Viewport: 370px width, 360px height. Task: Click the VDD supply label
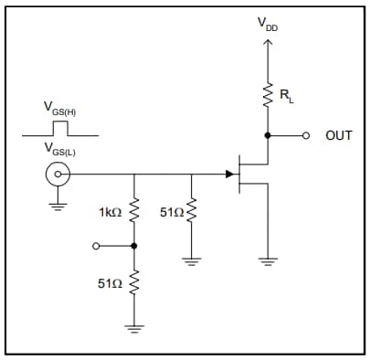click(268, 24)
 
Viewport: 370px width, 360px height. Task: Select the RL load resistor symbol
click(268, 94)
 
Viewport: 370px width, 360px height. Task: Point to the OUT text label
click(338, 135)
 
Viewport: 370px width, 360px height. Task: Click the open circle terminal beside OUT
click(307, 135)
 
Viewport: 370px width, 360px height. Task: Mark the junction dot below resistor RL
click(268, 135)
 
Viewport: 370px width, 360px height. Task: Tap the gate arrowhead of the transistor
click(229, 173)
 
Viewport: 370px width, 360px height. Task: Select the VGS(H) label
click(59, 111)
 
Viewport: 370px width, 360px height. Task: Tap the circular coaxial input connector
click(58, 174)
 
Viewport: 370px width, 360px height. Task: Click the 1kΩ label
click(109, 213)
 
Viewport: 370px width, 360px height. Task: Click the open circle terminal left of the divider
click(96, 246)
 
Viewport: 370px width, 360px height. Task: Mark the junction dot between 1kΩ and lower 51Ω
click(134, 246)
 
